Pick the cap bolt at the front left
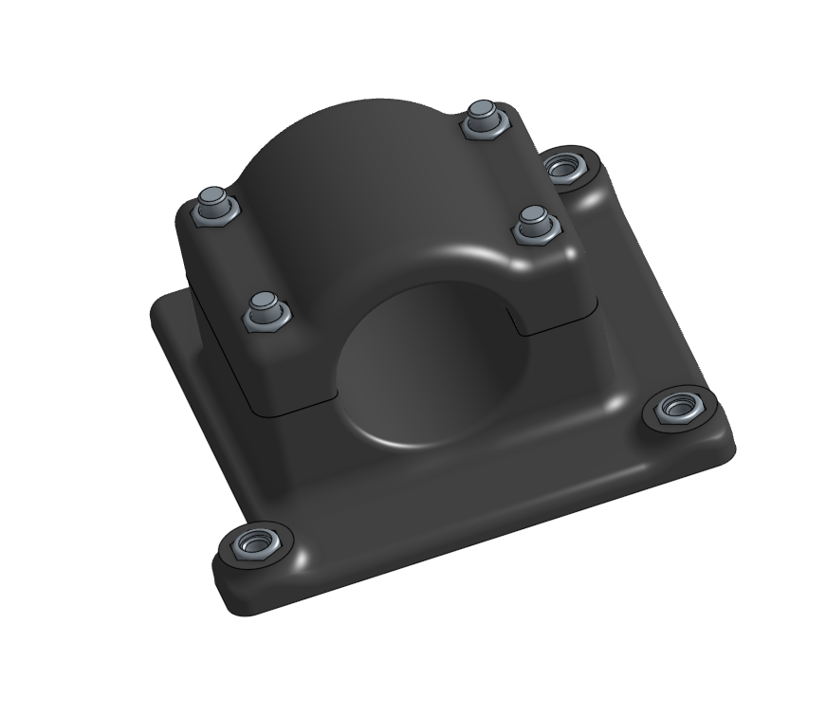[265, 312]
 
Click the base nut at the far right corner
[679, 409]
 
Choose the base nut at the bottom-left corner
[253, 544]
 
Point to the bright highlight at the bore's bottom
[408, 442]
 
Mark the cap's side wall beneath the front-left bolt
[285, 370]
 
